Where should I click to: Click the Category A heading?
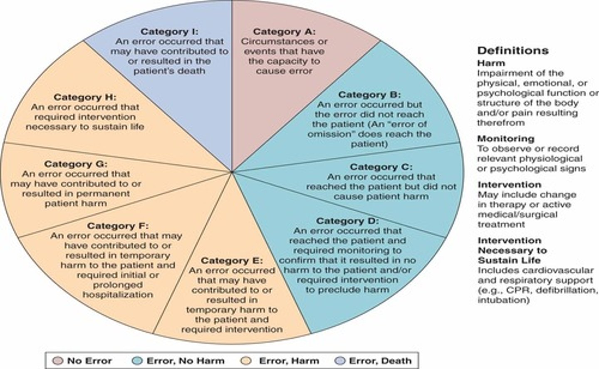click(284, 32)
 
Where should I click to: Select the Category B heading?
click(369, 95)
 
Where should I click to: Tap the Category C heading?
click(381, 167)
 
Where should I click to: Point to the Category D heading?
click(347, 221)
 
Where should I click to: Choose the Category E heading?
click(232, 260)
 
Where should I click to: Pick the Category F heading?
click(117, 226)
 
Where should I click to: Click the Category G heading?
click(76, 164)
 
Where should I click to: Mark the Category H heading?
click(85, 97)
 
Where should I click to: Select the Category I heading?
click(170, 32)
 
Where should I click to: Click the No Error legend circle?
click(59, 361)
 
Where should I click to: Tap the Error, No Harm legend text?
click(185, 361)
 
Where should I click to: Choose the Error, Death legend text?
click(380, 361)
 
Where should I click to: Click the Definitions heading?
click(512, 51)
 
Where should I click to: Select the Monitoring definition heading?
click(505, 139)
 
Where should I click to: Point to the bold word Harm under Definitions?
click(491, 63)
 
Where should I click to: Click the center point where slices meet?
click(232, 171)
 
